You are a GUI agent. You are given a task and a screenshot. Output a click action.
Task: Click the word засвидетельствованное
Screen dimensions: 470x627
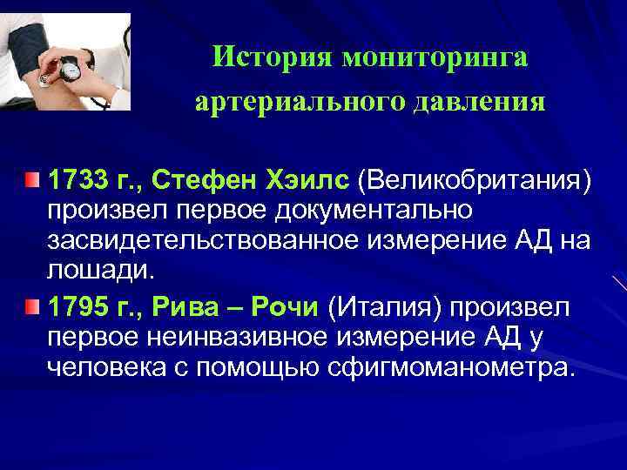(201, 239)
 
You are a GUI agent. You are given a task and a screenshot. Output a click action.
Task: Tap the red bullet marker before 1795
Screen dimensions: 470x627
(32, 306)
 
